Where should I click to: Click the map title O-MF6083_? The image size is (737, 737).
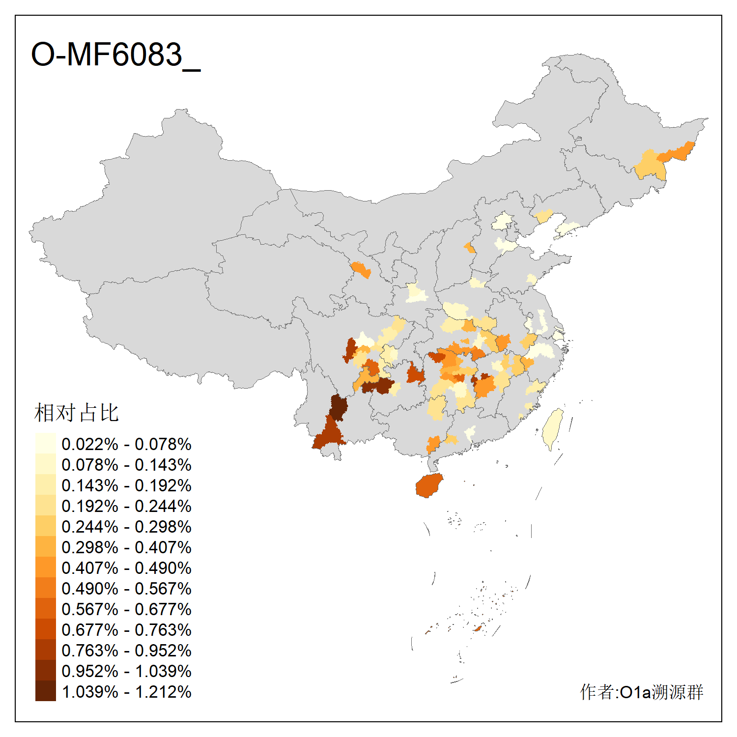click(x=115, y=55)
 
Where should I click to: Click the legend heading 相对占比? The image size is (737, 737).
click(x=77, y=413)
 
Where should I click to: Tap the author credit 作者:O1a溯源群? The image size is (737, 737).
click(x=641, y=692)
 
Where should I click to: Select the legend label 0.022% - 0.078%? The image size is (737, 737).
click(x=126, y=444)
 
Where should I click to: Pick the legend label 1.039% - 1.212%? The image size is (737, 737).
click(x=126, y=692)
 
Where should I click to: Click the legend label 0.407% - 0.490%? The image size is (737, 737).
click(x=126, y=568)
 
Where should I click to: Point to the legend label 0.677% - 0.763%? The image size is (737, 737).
click(x=126, y=630)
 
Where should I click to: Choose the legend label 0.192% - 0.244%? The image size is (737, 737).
click(x=126, y=506)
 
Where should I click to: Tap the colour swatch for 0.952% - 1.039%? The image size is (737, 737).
click(x=45, y=671)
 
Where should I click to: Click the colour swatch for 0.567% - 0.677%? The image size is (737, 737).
click(x=45, y=609)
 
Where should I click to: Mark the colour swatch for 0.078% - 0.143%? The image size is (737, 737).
click(x=45, y=465)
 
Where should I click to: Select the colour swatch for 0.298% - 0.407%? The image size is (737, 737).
click(x=45, y=547)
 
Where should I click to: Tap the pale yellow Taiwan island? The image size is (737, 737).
click(x=553, y=427)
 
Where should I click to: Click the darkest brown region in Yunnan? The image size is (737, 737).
click(x=338, y=407)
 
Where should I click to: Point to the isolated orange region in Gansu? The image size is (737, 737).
click(x=361, y=270)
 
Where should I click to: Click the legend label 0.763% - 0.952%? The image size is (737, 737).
click(x=126, y=651)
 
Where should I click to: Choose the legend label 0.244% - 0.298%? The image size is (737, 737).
click(x=126, y=527)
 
